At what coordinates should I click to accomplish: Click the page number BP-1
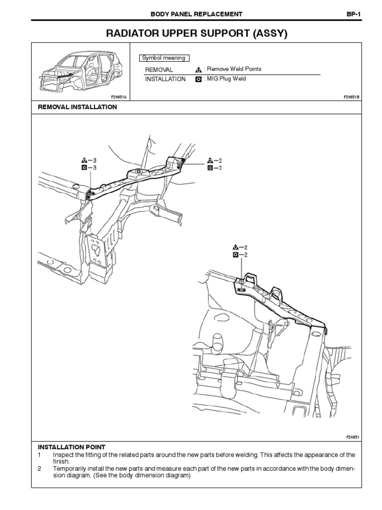point(353,14)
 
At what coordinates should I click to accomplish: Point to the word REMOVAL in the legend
point(159,70)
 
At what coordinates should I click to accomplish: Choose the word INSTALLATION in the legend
point(165,79)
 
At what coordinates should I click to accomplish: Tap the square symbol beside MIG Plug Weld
point(198,79)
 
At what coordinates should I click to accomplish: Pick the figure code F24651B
point(351,97)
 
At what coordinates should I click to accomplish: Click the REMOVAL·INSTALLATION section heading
point(78,107)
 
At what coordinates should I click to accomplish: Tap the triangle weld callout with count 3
point(84,160)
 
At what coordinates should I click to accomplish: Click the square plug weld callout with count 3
point(84,168)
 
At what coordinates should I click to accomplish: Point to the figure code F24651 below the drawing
point(352,437)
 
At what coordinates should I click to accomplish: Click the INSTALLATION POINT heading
point(72,447)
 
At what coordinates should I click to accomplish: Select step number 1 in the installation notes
point(39,455)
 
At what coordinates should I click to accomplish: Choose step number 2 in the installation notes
point(39,469)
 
